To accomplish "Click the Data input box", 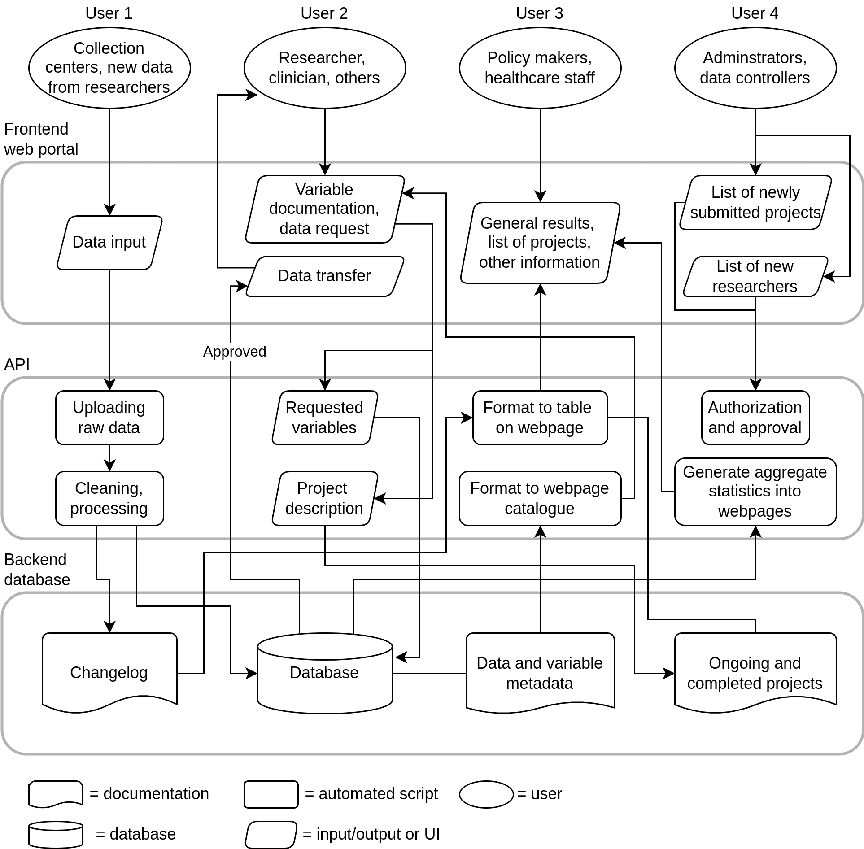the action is point(109,243).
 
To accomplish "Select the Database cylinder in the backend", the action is point(325,673).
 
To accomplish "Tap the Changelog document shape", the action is point(109,672).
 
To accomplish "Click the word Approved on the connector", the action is point(235,351).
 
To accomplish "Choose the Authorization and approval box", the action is point(755,418).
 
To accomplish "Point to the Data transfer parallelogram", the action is point(325,276).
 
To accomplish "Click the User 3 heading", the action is point(540,13).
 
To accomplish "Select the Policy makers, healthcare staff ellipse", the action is point(540,68).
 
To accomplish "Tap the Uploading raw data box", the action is point(109,418).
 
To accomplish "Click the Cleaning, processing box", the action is point(109,498).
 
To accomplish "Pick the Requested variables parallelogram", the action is point(325,418).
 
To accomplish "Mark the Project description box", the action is point(325,498).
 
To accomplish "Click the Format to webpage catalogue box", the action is point(540,498).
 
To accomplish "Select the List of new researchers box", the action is point(755,276).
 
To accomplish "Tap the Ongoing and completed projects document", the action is point(755,673).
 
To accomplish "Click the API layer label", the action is point(17,364).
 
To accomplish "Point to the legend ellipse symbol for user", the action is point(486,794).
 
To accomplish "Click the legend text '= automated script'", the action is point(371,794).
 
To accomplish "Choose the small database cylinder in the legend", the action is point(56,835).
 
